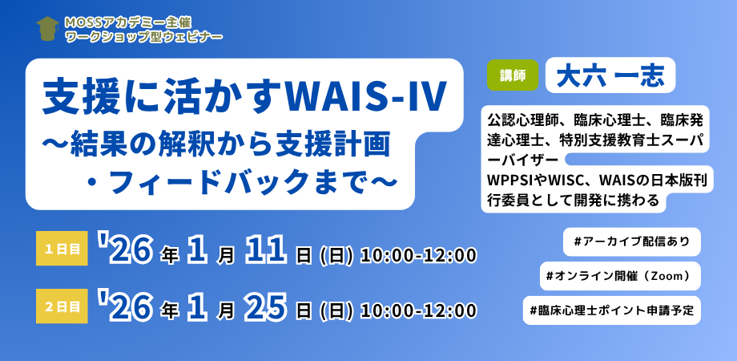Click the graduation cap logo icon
point(47,28)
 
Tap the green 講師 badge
point(513,75)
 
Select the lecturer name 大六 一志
point(610,75)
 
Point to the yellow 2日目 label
point(62,307)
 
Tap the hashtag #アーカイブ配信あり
point(632,242)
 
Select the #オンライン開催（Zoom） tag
point(620,276)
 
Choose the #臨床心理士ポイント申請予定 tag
point(612,310)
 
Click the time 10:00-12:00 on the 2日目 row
point(419,310)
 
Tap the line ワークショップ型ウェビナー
point(144,35)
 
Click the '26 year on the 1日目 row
point(127,249)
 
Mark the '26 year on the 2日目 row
point(127,306)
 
